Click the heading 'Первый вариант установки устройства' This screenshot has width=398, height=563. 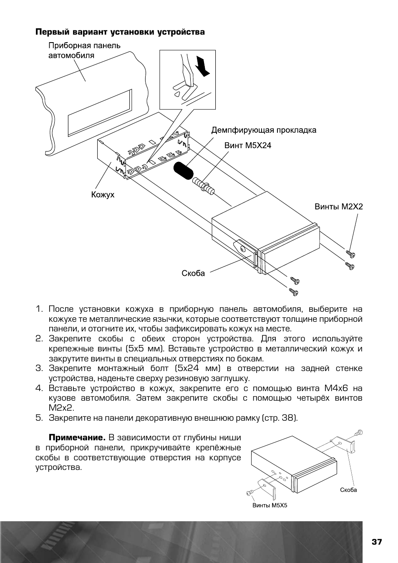(120, 32)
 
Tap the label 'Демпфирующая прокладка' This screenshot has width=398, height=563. (264, 130)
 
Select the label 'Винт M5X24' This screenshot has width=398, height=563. (248, 146)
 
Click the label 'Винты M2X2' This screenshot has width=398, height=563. (338, 207)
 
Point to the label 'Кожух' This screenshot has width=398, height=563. (103, 194)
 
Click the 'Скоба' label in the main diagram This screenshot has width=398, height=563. (193, 274)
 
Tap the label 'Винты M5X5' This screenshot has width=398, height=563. (270, 505)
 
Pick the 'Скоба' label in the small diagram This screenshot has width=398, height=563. (348, 490)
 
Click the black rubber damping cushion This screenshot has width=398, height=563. (182, 171)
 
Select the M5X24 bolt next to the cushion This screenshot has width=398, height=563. (204, 186)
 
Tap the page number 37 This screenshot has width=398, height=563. (377, 542)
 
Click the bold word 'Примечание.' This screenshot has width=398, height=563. (77, 438)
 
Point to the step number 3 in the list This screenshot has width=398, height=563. (39, 369)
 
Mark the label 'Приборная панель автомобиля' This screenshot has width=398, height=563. (84, 50)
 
